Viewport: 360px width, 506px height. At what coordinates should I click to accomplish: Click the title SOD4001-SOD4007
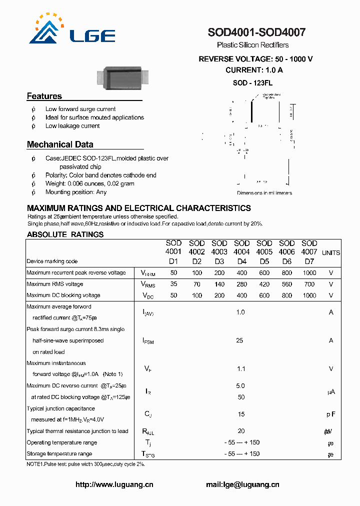256,33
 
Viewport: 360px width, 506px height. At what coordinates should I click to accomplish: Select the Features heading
44,96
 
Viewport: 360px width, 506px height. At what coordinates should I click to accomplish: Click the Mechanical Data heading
60,144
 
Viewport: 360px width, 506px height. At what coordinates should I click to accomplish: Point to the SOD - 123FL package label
252,83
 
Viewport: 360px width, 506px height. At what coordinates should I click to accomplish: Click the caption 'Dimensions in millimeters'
264,193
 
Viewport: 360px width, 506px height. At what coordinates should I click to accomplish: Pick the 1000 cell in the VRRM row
309,273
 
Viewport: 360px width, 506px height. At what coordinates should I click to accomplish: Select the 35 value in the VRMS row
173,284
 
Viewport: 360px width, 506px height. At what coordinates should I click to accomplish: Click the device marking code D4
242,261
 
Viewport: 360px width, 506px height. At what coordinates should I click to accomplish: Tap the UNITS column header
331,253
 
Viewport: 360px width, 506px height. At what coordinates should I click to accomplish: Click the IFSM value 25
240,340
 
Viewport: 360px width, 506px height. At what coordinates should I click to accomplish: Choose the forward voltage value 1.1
241,369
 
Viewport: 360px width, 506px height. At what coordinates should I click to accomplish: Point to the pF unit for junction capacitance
331,414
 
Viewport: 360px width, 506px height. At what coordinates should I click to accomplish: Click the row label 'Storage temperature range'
59,454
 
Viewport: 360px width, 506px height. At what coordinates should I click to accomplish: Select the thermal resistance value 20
241,431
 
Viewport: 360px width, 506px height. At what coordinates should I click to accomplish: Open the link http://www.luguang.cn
114,484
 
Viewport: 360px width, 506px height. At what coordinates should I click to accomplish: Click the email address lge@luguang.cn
242,484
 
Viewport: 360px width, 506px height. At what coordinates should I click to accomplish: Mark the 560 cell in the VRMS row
286,284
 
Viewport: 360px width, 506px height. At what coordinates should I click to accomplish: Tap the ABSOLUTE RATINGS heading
65,234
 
